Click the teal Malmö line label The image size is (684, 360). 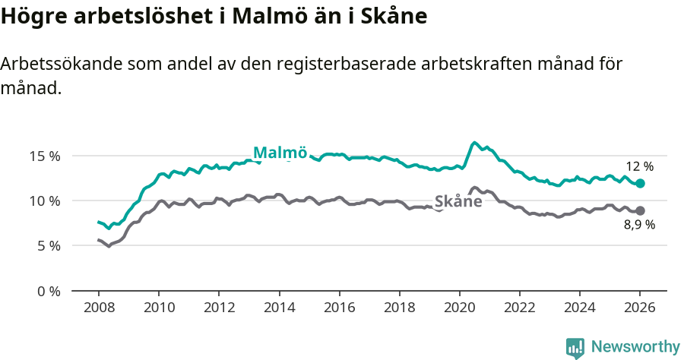coord(280,152)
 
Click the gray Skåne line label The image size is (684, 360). coord(458,201)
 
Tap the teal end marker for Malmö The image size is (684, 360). coord(641,183)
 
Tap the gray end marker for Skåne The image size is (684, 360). coord(641,210)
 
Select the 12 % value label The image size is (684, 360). coord(639,166)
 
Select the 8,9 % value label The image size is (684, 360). coord(639,226)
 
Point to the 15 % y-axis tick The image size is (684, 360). coord(44,156)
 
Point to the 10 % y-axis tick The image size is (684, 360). coord(44,201)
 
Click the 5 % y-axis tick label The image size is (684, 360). coord(47,246)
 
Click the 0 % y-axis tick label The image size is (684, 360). coord(47,291)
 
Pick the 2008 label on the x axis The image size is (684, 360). coord(99,309)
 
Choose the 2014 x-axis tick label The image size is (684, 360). coord(279,309)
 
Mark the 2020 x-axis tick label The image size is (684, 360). coord(460,309)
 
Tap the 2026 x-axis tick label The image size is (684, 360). coord(640,309)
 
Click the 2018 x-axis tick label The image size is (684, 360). coord(400,309)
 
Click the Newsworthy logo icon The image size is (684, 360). coord(575,348)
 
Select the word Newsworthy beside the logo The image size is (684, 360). coord(635,347)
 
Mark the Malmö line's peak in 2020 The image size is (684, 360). coord(474,142)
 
